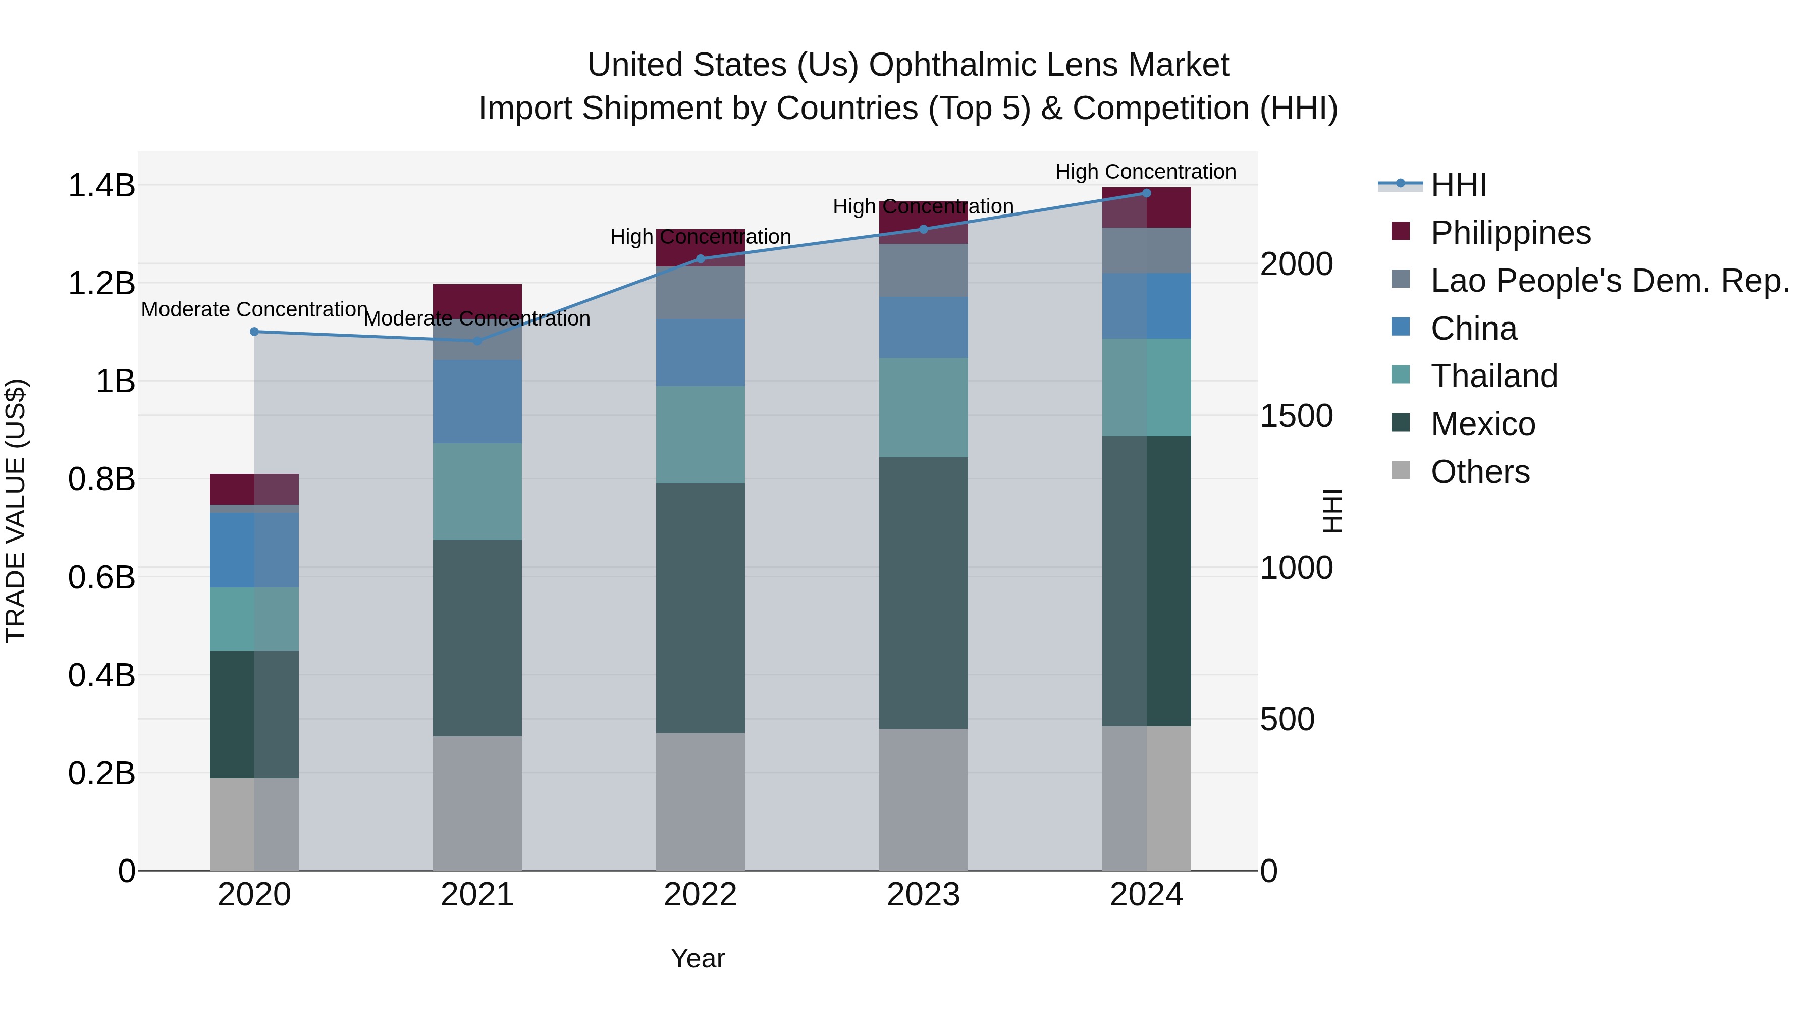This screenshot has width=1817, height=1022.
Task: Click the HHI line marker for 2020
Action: tap(255, 332)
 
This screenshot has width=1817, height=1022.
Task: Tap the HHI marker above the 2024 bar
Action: tap(1146, 193)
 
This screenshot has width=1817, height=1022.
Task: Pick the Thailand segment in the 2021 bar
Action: tap(477, 492)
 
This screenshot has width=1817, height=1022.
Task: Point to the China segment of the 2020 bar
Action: tap(255, 550)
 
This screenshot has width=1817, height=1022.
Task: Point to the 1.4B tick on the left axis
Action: tap(101, 186)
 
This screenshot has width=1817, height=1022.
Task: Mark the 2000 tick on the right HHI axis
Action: tap(1297, 264)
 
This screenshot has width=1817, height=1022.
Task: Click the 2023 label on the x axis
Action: tap(923, 895)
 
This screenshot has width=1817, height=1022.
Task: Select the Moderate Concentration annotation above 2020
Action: tap(255, 310)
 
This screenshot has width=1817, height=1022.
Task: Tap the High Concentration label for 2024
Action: tap(1146, 172)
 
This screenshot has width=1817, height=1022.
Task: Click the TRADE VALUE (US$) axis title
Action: tap(16, 511)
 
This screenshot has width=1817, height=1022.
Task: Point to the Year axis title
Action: tap(698, 958)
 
